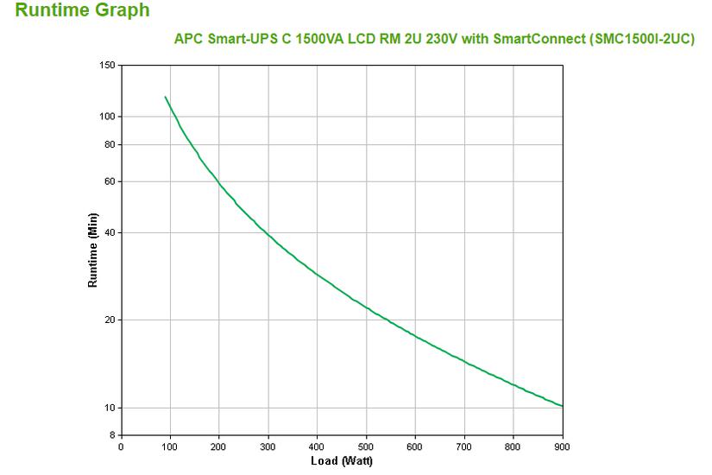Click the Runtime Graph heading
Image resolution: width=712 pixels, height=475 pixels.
tap(83, 11)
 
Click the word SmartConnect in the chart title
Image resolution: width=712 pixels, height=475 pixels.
tap(533, 39)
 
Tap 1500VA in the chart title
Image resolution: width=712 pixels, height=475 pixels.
tap(304, 39)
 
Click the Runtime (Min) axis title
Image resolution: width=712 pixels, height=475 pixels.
tap(92, 250)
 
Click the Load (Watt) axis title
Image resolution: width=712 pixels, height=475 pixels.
tap(342, 460)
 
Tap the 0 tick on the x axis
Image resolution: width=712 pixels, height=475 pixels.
tap(121, 446)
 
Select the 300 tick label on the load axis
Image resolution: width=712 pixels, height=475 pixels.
tap(268, 446)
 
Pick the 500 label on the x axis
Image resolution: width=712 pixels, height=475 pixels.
tap(367, 446)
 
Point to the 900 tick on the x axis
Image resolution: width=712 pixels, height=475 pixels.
tap(563, 446)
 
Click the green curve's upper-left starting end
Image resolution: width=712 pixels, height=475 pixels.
tap(165, 97)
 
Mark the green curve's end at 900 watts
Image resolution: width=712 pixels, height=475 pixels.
tap(562, 406)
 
